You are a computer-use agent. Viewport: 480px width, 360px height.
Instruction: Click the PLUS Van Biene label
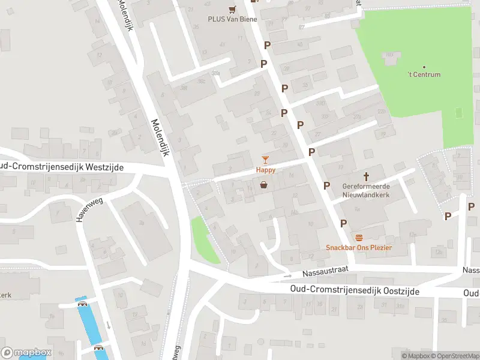coord(232,19)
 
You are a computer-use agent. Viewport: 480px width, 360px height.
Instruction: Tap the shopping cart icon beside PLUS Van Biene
coord(232,8)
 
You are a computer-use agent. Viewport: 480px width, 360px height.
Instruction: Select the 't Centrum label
coord(424,74)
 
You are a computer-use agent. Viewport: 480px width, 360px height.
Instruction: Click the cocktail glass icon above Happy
coord(265,160)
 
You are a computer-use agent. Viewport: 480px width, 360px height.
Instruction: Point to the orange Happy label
coord(266,170)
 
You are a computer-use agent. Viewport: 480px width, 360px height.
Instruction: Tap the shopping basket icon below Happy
coord(263,185)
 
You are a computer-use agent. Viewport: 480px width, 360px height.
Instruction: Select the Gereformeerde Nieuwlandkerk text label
coord(366,190)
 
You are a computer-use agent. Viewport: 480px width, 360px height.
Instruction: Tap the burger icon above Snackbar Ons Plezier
coord(359,238)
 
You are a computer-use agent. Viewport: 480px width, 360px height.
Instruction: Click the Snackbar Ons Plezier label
coord(359,248)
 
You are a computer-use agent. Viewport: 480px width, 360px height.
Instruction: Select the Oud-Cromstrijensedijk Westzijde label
coord(61,167)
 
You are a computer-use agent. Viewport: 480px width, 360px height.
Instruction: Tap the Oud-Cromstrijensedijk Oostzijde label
coord(354,290)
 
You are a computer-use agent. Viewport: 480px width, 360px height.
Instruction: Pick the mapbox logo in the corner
coord(26,352)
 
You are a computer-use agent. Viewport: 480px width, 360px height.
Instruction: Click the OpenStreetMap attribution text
coord(452,356)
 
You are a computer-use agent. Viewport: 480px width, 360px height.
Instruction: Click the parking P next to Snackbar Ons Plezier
coord(343,223)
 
